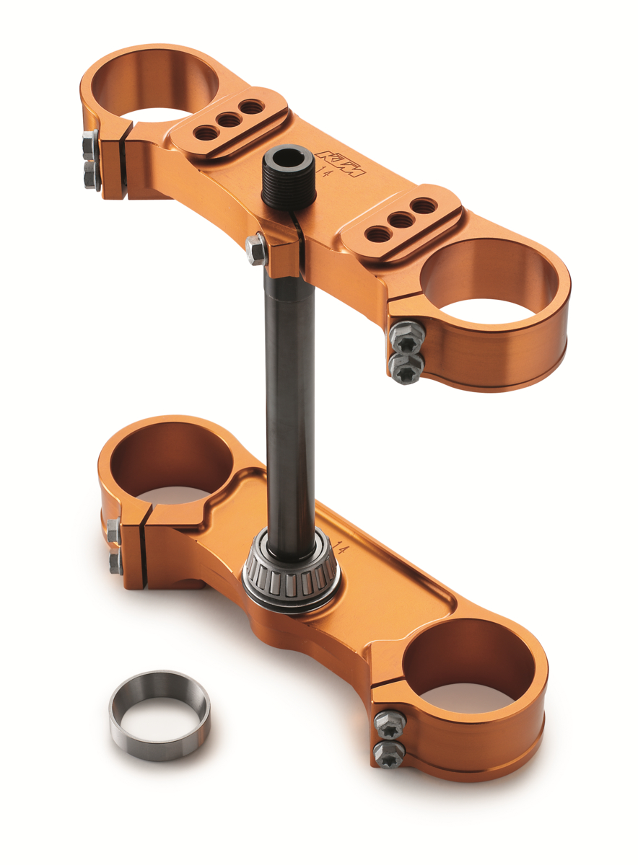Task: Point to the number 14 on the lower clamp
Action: point(342,551)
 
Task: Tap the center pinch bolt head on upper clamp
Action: point(255,249)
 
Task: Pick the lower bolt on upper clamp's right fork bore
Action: point(404,366)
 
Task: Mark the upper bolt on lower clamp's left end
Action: point(113,531)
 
